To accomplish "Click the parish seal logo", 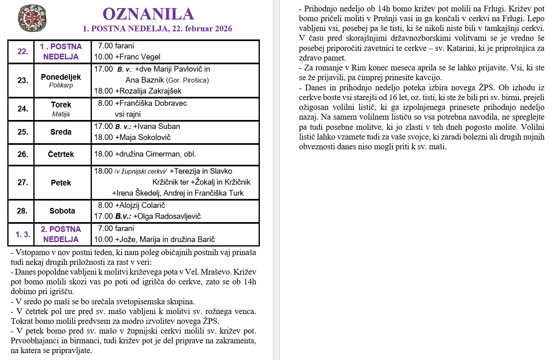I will click(32, 19).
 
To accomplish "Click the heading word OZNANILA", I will click(148, 14).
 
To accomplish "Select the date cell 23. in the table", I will click(23, 80).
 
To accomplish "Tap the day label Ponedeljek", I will click(61, 77).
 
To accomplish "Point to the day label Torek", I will click(61, 105).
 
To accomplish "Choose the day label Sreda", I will click(61, 132).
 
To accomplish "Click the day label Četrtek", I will click(61, 155).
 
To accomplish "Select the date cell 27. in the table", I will click(23, 182).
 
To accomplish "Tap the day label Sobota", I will click(62, 211).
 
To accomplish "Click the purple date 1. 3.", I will click(23, 234).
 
